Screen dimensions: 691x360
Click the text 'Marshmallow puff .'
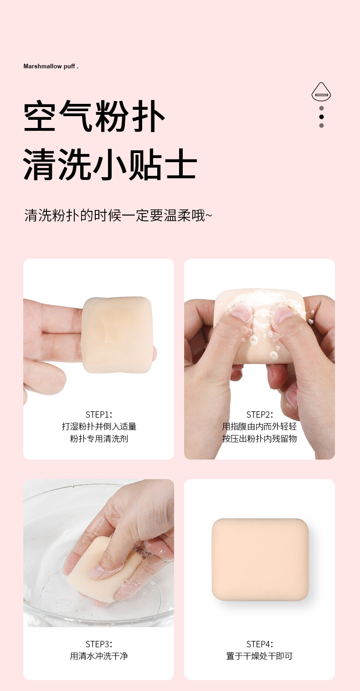click(x=51, y=67)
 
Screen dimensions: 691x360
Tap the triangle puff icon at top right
click(x=321, y=92)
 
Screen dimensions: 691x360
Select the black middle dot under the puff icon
click(x=321, y=117)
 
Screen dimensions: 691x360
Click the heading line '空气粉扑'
click(x=94, y=118)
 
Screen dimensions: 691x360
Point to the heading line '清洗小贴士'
click(x=110, y=164)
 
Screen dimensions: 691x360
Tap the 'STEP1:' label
click(x=99, y=415)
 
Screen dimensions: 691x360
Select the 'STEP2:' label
click(x=260, y=415)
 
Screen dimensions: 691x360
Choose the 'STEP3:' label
click(x=99, y=644)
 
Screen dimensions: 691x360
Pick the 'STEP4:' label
click(x=260, y=644)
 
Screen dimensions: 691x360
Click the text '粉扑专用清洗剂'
click(x=99, y=439)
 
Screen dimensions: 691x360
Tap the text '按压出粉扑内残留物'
click(x=260, y=439)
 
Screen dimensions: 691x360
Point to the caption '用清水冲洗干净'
click(x=99, y=656)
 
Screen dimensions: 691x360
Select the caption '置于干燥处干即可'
click(x=260, y=656)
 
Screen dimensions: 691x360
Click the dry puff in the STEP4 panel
click(x=260, y=559)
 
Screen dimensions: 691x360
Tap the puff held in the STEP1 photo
click(x=117, y=335)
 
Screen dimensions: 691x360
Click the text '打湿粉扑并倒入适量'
click(x=99, y=426)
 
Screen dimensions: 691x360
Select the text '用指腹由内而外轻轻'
click(x=260, y=426)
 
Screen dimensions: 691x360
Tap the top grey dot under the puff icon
click(x=321, y=108)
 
